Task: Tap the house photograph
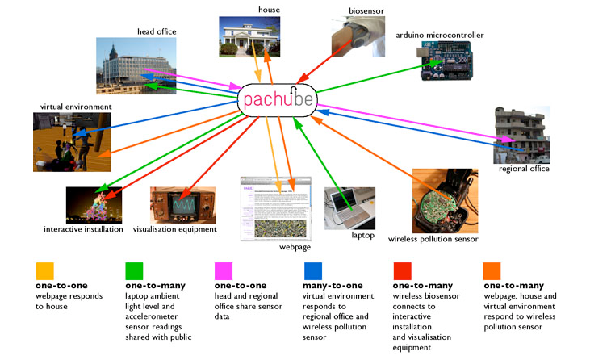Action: click(x=249, y=37)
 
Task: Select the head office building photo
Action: click(x=131, y=65)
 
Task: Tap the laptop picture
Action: click(x=349, y=208)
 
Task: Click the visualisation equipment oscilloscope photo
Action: click(x=182, y=205)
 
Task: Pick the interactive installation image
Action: click(x=94, y=205)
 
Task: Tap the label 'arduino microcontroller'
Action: click(x=439, y=36)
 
